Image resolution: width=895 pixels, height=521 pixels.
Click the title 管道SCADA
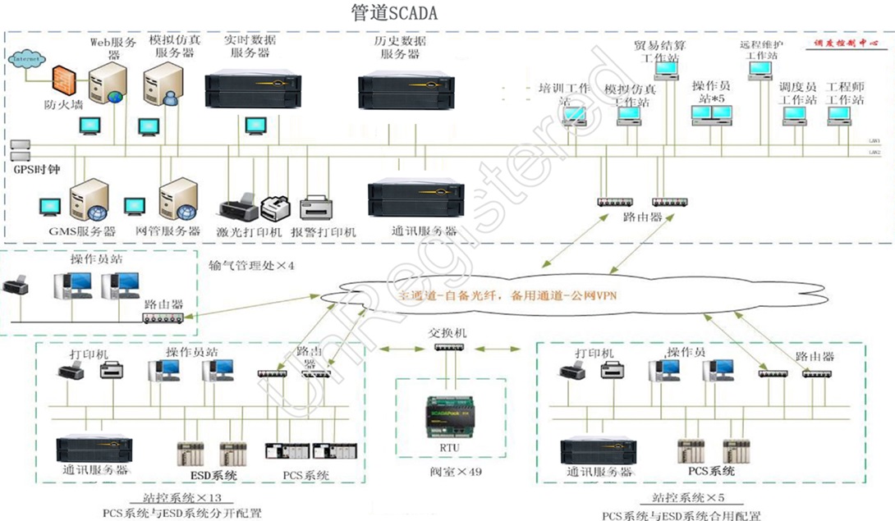click(x=393, y=13)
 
